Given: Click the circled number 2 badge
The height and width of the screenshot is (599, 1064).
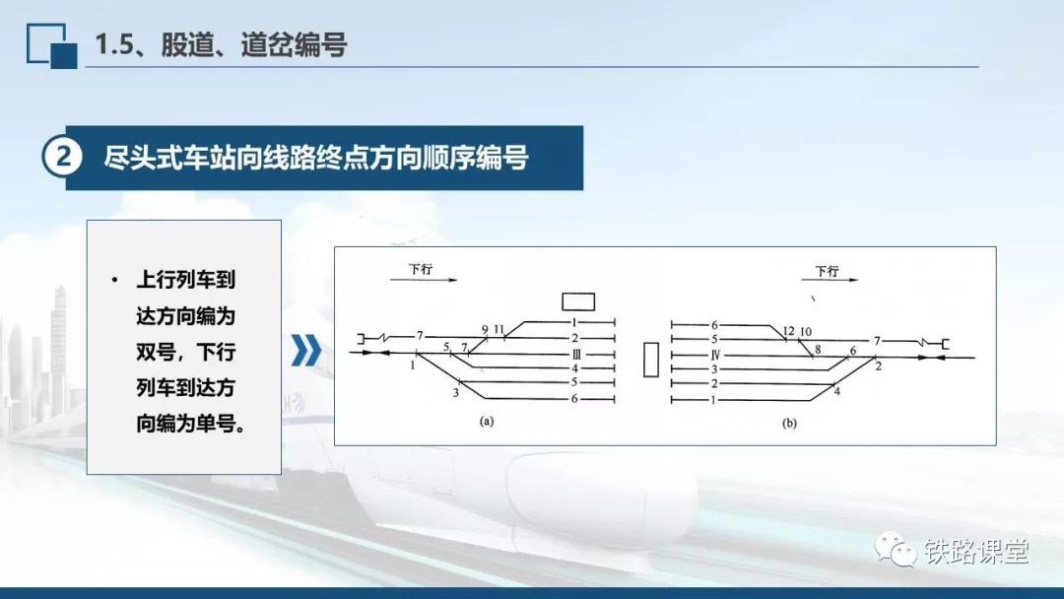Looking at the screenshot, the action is click(x=62, y=157).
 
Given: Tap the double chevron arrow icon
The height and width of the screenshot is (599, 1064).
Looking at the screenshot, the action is click(x=306, y=350).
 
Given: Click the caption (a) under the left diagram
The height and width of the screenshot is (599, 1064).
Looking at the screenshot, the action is click(x=487, y=422).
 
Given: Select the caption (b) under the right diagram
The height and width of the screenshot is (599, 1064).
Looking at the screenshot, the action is click(x=789, y=424).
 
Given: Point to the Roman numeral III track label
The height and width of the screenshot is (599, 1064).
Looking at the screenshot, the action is click(x=576, y=354).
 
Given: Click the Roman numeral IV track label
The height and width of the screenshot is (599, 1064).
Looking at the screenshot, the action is click(x=715, y=355).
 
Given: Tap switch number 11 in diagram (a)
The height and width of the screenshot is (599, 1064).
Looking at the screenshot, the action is click(x=499, y=330).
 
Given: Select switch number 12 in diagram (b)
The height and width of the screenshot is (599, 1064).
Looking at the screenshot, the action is click(x=788, y=331).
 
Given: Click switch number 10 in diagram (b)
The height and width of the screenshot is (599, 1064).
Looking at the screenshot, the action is click(x=806, y=332).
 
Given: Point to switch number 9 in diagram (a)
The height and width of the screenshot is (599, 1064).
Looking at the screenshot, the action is click(x=485, y=330).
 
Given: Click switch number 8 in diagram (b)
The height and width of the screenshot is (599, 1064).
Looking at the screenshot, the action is click(x=818, y=350).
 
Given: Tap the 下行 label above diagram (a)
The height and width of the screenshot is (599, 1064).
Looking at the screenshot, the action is click(x=421, y=269).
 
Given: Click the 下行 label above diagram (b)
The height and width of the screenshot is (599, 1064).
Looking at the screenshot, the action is click(x=828, y=271).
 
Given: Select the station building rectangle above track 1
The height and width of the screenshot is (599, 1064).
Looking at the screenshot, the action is click(x=578, y=301).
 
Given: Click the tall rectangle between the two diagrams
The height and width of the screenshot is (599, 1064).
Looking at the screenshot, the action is click(x=651, y=360).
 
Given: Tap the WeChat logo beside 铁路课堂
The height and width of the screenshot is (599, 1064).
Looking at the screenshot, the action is click(x=895, y=550).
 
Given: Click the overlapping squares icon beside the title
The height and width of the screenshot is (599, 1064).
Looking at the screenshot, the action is click(x=51, y=46).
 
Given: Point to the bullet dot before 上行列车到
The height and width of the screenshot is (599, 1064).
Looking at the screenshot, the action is click(x=114, y=280).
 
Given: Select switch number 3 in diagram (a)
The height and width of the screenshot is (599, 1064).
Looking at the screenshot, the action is click(x=456, y=392).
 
